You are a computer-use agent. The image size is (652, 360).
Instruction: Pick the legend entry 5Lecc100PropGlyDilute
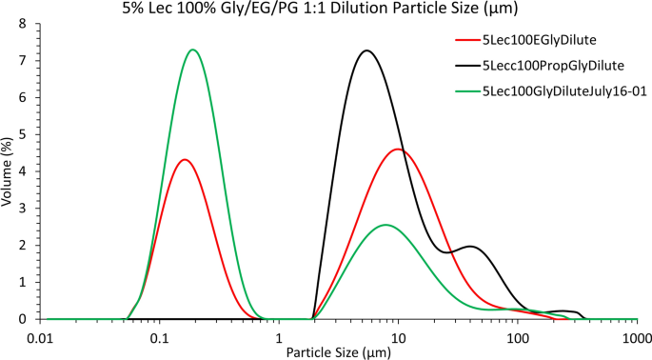(x=553, y=66)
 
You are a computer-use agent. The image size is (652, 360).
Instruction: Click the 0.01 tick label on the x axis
(x=40, y=338)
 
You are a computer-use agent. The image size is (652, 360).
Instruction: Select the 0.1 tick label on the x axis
(x=160, y=338)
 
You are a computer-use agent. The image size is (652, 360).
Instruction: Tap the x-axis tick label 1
(x=279, y=338)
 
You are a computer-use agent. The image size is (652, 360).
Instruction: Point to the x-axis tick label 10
(x=399, y=338)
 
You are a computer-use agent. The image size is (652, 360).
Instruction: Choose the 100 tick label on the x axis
(x=518, y=338)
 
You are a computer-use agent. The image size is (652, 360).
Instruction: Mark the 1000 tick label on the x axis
(x=636, y=338)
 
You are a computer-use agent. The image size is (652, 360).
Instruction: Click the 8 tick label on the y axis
(x=23, y=23)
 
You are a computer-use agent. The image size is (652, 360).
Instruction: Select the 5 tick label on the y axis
(x=23, y=134)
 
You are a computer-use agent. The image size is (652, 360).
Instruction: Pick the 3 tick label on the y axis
(x=23, y=209)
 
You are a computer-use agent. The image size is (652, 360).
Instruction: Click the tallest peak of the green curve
(x=193, y=50)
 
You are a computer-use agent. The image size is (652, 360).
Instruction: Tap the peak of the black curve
(x=366, y=50)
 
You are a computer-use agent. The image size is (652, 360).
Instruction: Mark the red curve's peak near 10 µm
(x=398, y=150)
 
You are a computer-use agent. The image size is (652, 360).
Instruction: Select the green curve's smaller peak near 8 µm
(x=385, y=225)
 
